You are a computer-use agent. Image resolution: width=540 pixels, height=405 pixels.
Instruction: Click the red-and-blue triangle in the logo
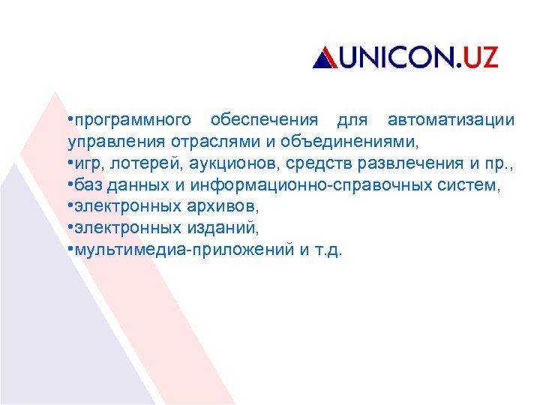pos(324,58)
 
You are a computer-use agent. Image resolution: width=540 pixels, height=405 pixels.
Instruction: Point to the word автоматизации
pos(451,120)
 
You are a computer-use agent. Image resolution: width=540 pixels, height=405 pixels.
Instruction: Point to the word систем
pos(472,185)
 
